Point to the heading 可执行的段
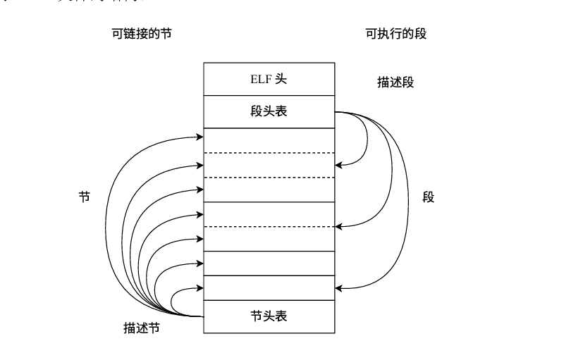click(395, 34)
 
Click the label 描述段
click(395, 82)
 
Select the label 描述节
click(141, 328)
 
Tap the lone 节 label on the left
click(85, 197)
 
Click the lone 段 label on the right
click(429, 197)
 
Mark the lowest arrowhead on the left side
click(200, 287)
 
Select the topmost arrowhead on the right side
click(339, 165)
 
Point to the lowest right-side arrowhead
click(339, 287)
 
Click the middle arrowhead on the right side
click(339, 226)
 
